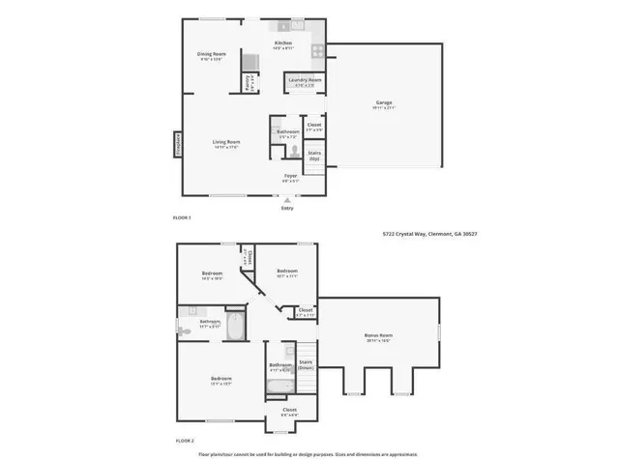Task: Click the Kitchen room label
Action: click(283, 43)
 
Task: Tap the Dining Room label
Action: click(211, 54)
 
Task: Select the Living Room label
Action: click(226, 142)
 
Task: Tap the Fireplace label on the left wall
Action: click(177, 143)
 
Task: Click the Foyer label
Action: click(290, 175)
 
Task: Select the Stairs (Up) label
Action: click(314, 154)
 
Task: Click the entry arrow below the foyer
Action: click(286, 199)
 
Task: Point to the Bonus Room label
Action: click(378, 335)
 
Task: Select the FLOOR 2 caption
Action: click(182, 439)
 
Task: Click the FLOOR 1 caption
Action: click(182, 217)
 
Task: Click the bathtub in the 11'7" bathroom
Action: click(236, 325)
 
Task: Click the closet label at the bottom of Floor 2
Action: click(289, 410)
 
